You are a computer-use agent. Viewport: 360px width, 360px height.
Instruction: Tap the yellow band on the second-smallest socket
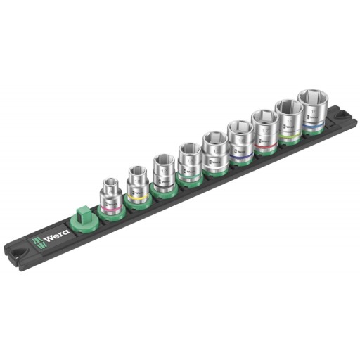(x=139, y=196)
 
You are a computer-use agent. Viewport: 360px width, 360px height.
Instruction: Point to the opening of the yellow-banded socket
(x=136, y=172)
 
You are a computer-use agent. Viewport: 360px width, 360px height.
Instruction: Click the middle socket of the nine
(x=213, y=152)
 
